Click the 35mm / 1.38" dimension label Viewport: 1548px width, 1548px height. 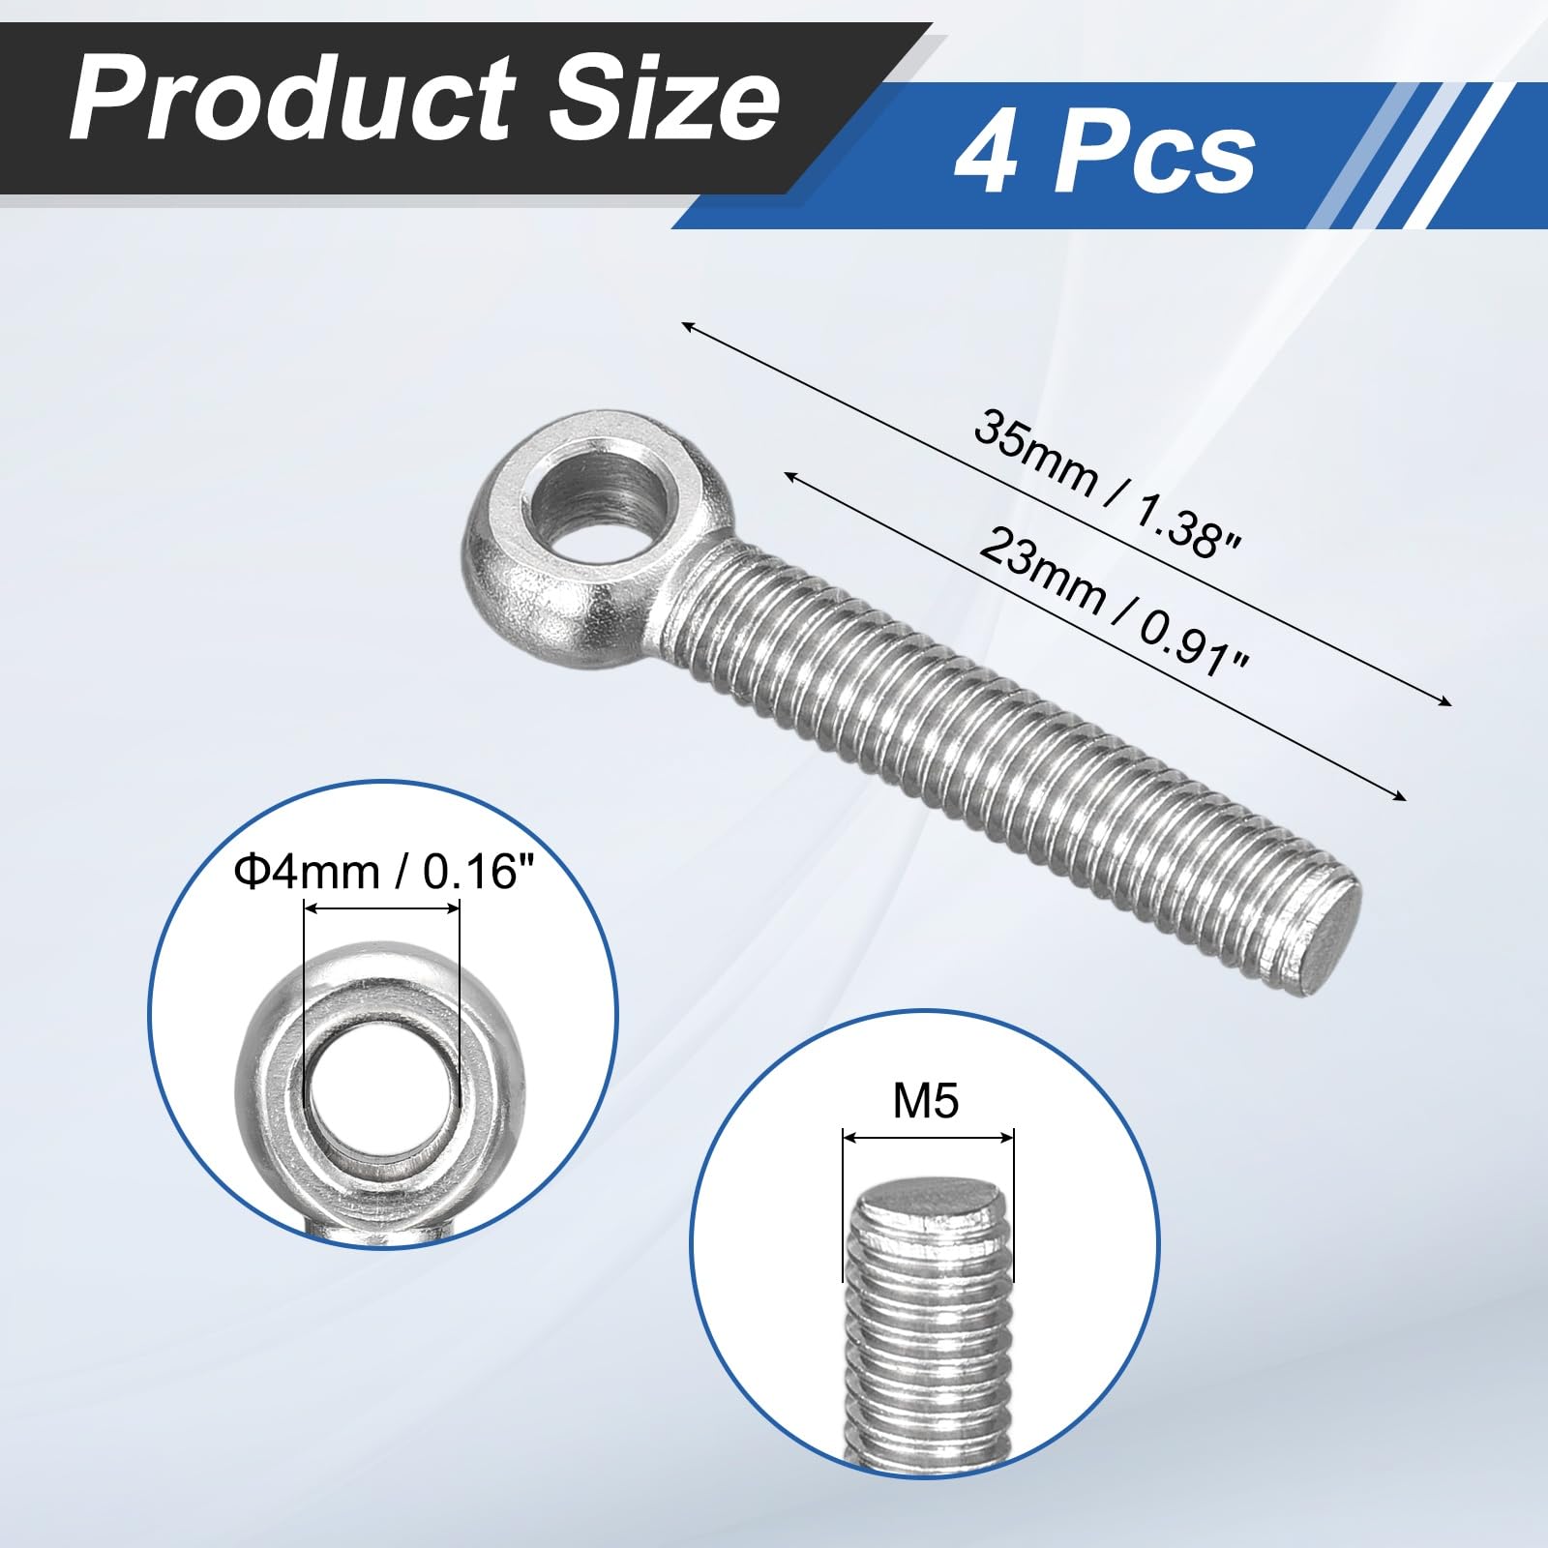(1107, 484)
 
